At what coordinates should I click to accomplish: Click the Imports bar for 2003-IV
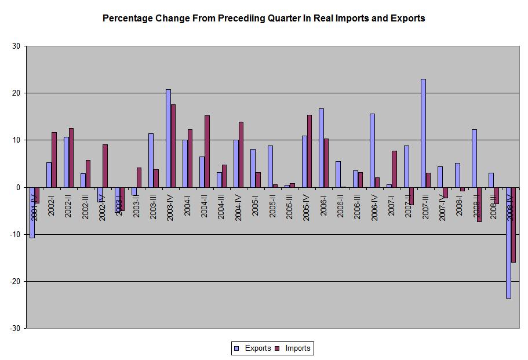(x=173, y=146)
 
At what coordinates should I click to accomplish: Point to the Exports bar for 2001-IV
(x=32, y=212)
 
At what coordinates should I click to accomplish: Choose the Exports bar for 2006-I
(x=321, y=148)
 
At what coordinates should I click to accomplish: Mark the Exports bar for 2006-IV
(x=372, y=150)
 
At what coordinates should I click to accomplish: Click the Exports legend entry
(x=253, y=348)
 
